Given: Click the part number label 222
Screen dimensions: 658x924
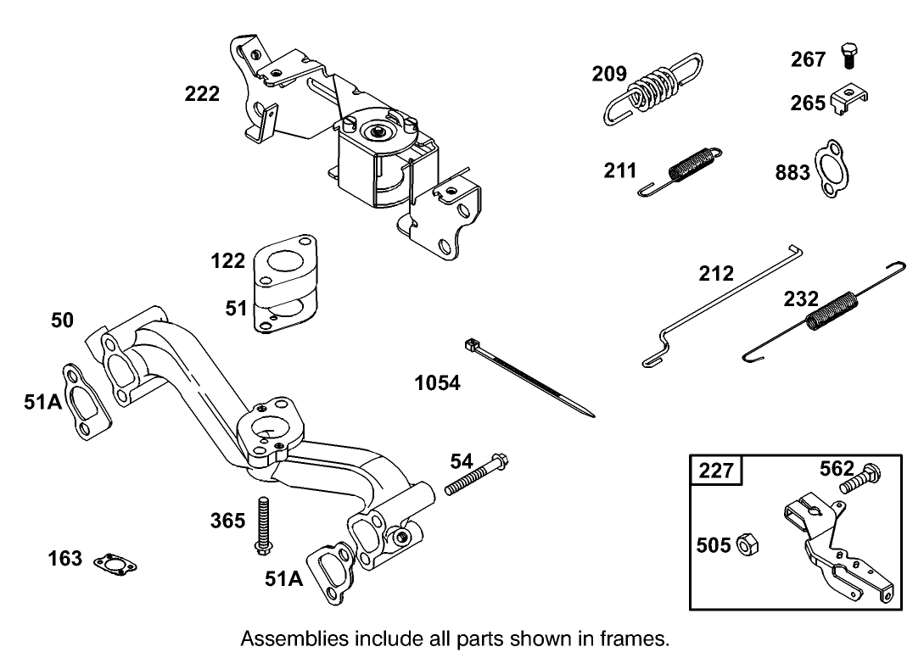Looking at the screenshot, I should [x=202, y=94].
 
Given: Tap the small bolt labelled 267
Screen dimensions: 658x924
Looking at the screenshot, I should [x=848, y=58].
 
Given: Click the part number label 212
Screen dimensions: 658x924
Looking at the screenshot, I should [x=716, y=274].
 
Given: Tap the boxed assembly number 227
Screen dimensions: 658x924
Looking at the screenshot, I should [x=716, y=470].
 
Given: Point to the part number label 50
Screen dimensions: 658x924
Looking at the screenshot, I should [x=62, y=321].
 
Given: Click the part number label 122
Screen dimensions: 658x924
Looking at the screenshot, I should [x=227, y=260].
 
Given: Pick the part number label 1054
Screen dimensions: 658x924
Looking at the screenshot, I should [x=437, y=383].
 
